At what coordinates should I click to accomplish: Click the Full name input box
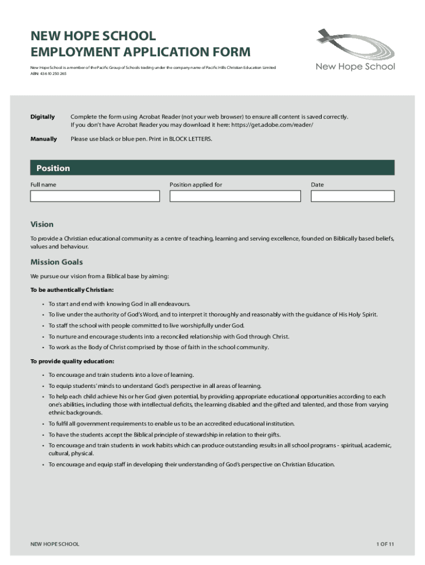(x=95, y=196)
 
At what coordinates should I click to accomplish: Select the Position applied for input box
(x=235, y=196)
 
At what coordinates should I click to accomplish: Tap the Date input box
(x=353, y=196)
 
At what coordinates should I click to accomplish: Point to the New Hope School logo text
(x=355, y=67)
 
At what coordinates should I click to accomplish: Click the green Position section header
(x=212, y=168)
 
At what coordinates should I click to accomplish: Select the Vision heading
(x=42, y=225)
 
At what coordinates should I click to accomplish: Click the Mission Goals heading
(x=56, y=262)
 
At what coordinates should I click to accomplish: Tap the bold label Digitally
(x=42, y=117)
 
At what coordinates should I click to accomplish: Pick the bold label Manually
(x=44, y=139)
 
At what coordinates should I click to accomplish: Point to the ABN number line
(x=48, y=73)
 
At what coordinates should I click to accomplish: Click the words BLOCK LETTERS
(x=190, y=139)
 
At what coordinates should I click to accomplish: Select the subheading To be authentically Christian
(x=72, y=290)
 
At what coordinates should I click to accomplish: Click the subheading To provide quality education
(x=72, y=361)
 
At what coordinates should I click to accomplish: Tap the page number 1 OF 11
(x=385, y=544)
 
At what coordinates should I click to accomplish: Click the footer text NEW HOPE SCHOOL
(x=55, y=544)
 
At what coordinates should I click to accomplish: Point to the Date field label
(x=317, y=185)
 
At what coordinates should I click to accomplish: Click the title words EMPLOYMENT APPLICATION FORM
(x=140, y=52)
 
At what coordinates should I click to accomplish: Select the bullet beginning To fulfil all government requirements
(x=171, y=424)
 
